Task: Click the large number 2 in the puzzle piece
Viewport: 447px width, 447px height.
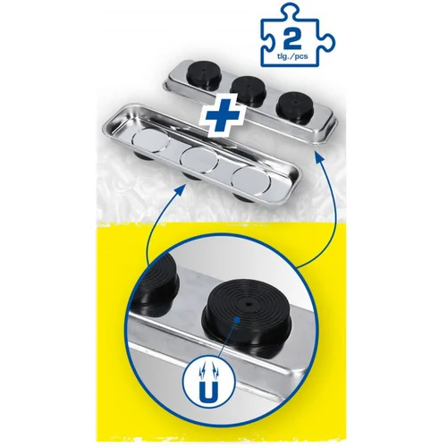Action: (x=293, y=40)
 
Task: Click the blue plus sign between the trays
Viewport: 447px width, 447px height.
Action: (x=223, y=114)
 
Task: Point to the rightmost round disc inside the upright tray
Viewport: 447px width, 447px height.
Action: (x=252, y=181)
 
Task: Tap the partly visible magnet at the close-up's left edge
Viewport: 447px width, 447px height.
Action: (x=157, y=284)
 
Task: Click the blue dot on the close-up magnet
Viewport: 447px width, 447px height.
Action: (x=237, y=320)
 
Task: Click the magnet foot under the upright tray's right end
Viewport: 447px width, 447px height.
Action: (x=243, y=196)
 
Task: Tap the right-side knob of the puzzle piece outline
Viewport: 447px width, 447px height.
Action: (x=328, y=43)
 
